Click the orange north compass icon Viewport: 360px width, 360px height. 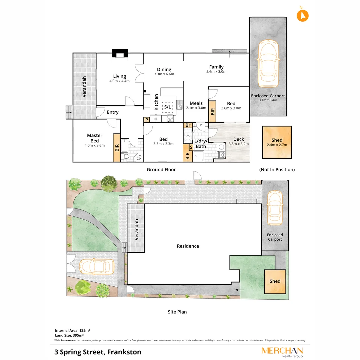pyautogui.click(x=303, y=15)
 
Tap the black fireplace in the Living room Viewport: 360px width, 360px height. pyautogui.click(x=119, y=54)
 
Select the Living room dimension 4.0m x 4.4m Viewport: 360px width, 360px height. pyautogui.click(x=119, y=81)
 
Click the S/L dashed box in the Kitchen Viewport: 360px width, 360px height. pyautogui.click(x=167, y=107)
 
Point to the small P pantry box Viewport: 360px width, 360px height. pyautogui.click(x=146, y=120)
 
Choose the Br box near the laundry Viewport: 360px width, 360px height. pyautogui.click(x=188, y=125)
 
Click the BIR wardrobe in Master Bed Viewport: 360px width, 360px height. pyautogui.click(x=117, y=148)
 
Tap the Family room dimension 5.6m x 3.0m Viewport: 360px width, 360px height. pyautogui.click(x=216, y=72)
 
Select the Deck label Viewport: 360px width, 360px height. pyautogui.click(x=238, y=139)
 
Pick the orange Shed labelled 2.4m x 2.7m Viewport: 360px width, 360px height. pyautogui.click(x=277, y=142)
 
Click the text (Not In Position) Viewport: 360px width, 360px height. pyautogui.click(x=277, y=170)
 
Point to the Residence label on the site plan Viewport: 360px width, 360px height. pyautogui.click(x=188, y=246)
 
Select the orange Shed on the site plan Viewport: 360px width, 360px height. pyautogui.click(x=275, y=281)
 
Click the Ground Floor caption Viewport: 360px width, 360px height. pyautogui.click(x=161, y=170)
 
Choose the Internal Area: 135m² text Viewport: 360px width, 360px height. pyautogui.click(x=72, y=330)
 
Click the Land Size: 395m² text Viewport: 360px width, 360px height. pyautogui.click(x=69, y=335)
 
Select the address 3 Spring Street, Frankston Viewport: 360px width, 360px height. pyautogui.click(x=98, y=352)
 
